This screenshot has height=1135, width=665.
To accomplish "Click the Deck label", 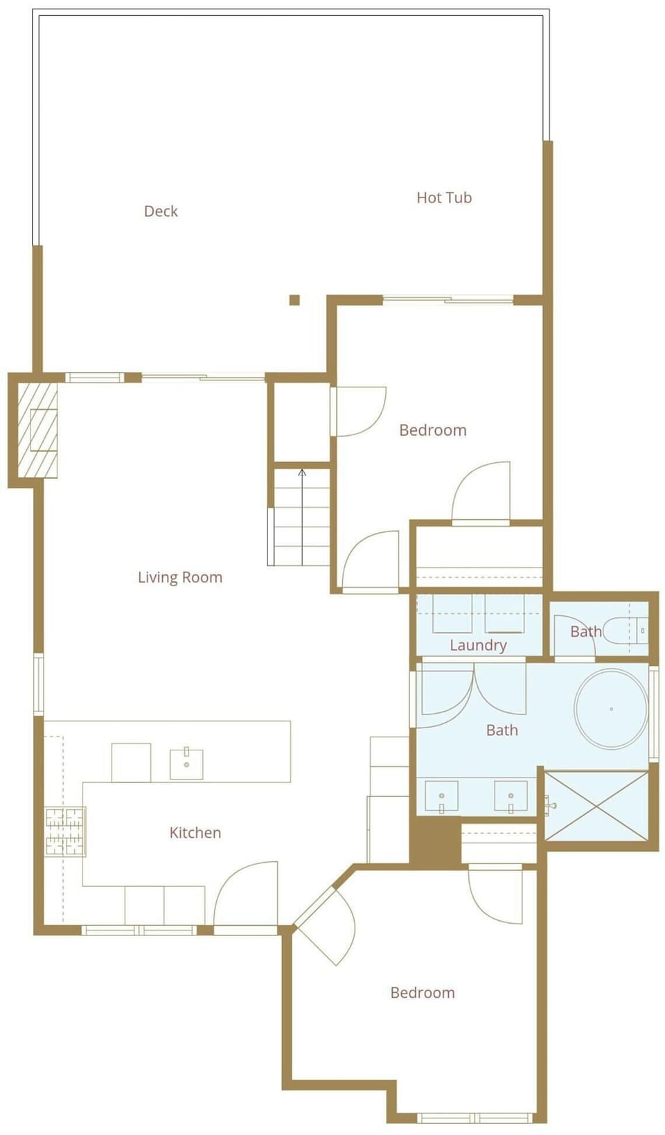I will click(x=161, y=211).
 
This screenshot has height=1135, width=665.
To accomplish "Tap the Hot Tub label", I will click(x=444, y=197).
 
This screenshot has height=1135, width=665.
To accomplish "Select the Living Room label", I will click(x=180, y=577).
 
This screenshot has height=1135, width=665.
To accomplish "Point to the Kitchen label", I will click(x=195, y=832).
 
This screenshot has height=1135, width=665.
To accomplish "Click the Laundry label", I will click(x=478, y=645).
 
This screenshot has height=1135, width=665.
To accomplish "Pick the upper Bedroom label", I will click(x=433, y=430).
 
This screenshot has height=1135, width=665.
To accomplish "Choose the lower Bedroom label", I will click(x=423, y=992).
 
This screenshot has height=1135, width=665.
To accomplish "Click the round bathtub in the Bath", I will click(x=611, y=708).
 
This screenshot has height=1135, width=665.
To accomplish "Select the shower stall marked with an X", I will click(x=597, y=806).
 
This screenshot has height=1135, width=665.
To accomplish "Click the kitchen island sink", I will click(x=186, y=764).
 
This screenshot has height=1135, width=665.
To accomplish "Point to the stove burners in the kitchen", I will click(x=64, y=832).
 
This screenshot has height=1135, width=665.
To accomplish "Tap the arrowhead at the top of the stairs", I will click(x=302, y=473).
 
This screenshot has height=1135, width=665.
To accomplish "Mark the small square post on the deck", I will click(x=294, y=300).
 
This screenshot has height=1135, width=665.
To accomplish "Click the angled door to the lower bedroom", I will click(x=326, y=925).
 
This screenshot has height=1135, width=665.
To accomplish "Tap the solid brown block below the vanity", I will click(x=435, y=840).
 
